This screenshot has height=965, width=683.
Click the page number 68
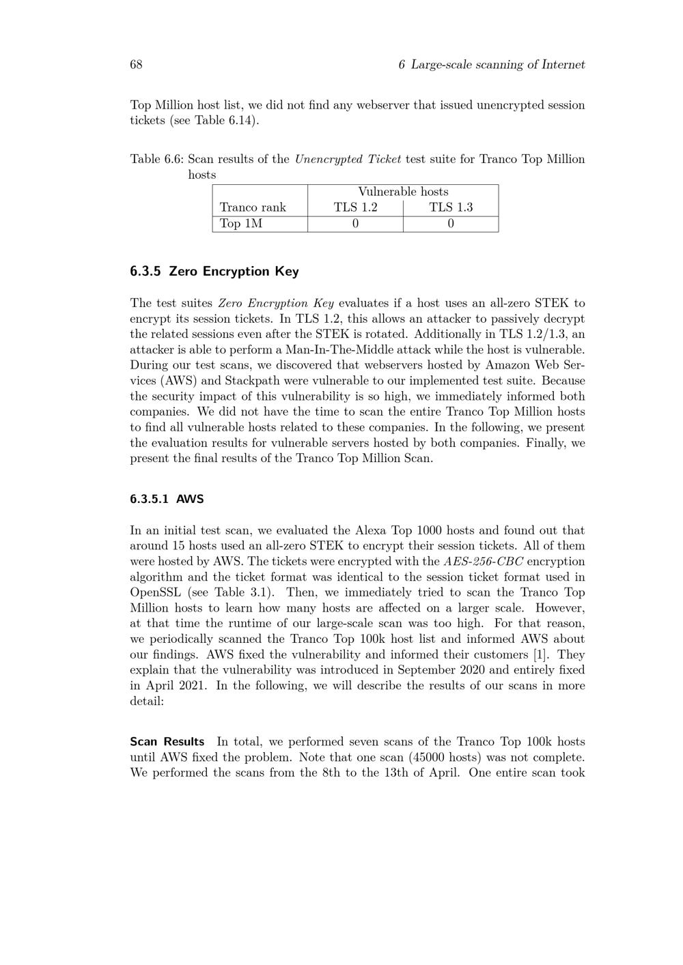tap(136, 65)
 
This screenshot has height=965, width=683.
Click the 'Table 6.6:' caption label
tap(156, 159)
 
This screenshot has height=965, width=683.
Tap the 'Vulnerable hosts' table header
tap(403, 192)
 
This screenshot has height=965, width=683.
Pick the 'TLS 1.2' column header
tap(355, 207)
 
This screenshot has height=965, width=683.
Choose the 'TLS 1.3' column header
tap(451, 207)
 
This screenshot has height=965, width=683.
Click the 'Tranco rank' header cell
tap(253, 207)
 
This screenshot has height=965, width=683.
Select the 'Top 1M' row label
tap(241, 224)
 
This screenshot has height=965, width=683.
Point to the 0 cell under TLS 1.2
tap(355, 224)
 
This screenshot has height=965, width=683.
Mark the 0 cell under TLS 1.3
tap(451, 224)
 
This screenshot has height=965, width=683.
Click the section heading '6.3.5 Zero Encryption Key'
tap(214, 272)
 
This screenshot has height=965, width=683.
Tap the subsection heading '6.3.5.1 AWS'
tap(167, 499)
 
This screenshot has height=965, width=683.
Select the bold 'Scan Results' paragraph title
tap(167, 742)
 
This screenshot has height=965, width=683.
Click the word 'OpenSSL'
tap(156, 592)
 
